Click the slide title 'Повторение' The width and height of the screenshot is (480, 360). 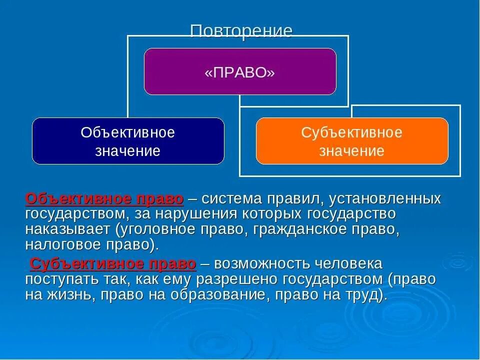click(241, 31)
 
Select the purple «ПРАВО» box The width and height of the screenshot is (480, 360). click(240, 71)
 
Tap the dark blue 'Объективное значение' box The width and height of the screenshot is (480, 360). click(128, 141)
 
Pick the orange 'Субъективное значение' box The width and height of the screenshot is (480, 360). click(352, 141)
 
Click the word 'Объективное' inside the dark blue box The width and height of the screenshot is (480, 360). click(128, 133)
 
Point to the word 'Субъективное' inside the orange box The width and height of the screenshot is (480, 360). click(352, 133)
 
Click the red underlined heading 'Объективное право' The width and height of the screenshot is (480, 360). click(104, 199)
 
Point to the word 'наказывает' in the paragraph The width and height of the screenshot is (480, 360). click(68, 230)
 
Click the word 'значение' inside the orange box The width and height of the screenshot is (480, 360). click(352, 151)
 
